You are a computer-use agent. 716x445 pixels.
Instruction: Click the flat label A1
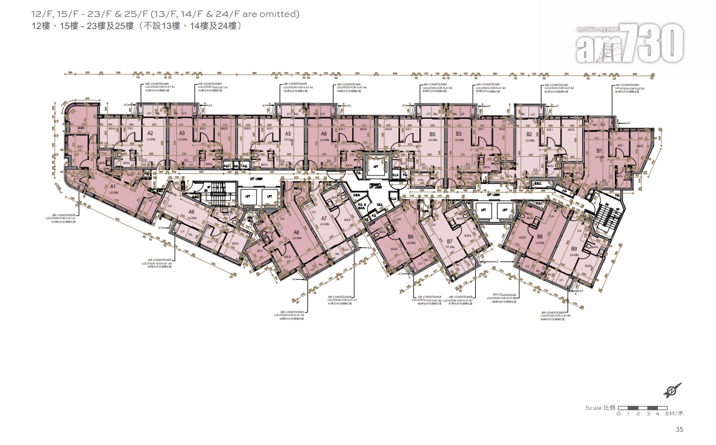point(113,186)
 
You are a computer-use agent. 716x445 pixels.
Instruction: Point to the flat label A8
point(296,232)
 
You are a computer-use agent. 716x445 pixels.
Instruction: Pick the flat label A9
point(191,212)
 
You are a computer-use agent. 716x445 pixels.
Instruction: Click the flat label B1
point(599,150)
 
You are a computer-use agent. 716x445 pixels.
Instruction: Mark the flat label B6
point(410,236)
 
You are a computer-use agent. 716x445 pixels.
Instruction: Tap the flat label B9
point(574,248)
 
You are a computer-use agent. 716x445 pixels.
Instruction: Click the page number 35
point(679,430)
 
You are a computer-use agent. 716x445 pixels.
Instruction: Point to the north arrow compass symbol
point(672,390)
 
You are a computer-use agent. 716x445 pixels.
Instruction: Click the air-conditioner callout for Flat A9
point(157,264)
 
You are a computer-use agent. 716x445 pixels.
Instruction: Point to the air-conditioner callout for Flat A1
point(64,219)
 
